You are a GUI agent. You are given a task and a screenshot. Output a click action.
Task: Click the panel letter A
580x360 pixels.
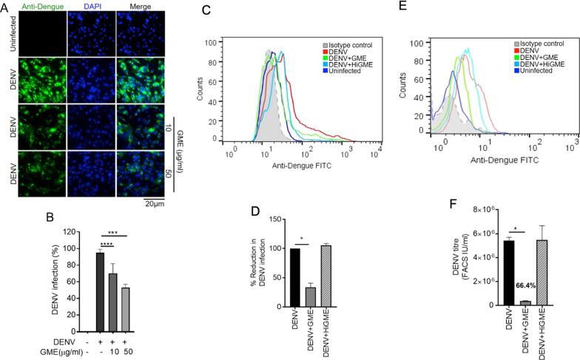pyautogui.click(x=5, y=6)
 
